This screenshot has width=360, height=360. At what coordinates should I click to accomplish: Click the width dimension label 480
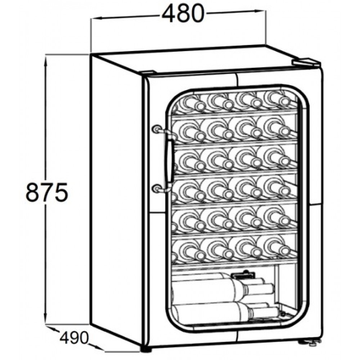click(x=183, y=14)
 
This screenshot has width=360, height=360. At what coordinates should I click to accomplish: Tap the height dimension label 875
click(x=47, y=192)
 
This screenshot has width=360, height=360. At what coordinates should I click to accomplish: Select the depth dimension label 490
click(x=74, y=338)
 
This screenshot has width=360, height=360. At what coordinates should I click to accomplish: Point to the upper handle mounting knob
click(x=157, y=129)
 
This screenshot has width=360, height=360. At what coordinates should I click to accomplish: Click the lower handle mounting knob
click(x=156, y=189)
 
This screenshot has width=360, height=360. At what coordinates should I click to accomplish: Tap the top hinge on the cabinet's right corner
click(x=305, y=62)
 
